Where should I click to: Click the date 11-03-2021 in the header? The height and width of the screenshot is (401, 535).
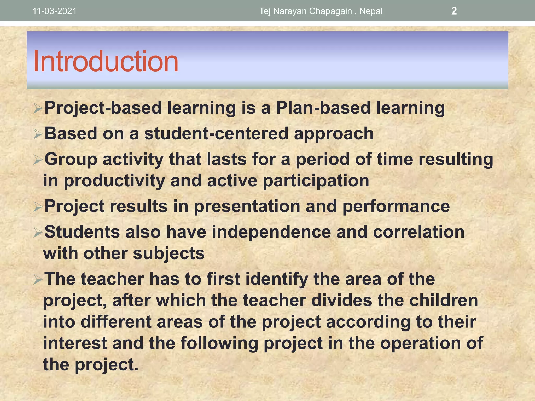55,11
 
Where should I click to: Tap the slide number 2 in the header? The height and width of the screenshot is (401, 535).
454,11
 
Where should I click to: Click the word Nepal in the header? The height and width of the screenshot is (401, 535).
371,11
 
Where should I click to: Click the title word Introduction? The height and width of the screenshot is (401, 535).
106,61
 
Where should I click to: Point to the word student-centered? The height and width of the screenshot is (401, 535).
216,133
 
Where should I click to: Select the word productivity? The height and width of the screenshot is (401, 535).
114,181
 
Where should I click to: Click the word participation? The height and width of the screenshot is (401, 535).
316,181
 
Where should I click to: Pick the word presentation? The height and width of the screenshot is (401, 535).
247,206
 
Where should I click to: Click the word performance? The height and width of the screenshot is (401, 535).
396,206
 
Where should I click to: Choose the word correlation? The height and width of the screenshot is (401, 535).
418,232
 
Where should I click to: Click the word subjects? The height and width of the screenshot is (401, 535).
168,253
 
